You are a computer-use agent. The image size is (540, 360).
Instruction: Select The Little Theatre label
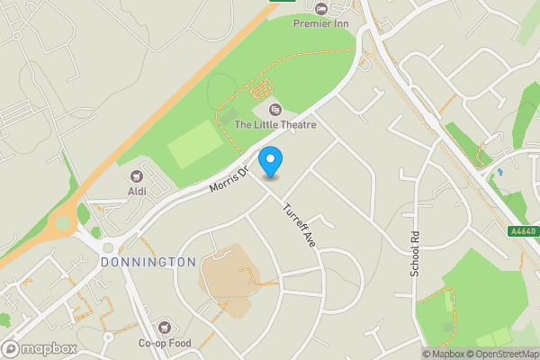(275, 124)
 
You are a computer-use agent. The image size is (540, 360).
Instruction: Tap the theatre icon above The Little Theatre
(275, 109)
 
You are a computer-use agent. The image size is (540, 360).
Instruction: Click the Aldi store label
(137, 192)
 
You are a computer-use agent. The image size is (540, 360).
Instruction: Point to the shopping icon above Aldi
(137, 176)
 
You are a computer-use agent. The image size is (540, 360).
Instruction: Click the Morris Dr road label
(228, 176)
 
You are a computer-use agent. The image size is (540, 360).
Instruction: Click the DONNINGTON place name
(148, 262)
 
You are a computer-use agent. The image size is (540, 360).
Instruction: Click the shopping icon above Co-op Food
(164, 328)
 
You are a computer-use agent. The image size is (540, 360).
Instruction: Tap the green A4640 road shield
(523, 231)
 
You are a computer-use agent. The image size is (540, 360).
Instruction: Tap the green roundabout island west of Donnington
(63, 221)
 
